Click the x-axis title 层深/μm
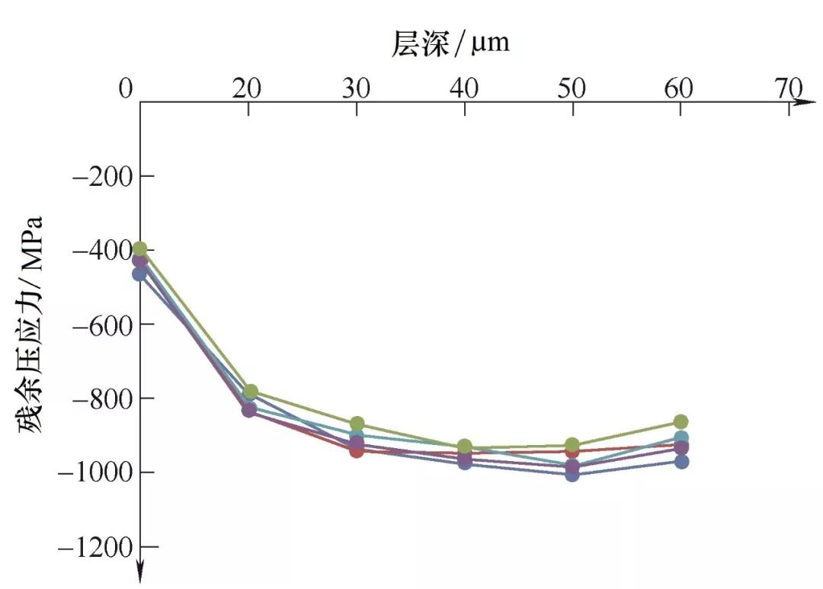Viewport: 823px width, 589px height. click(450, 43)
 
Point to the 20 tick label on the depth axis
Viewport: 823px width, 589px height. click(247, 89)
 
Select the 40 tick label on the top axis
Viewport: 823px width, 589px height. click(464, 89)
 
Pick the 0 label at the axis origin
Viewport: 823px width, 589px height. click(126, 89)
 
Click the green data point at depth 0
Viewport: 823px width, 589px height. click(139, 248)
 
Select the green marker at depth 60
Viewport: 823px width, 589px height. click(680, 422)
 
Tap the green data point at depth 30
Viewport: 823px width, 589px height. click(357, 424)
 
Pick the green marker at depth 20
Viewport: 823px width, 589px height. click(248, 392)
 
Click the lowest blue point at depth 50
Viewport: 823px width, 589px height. click(572, 474)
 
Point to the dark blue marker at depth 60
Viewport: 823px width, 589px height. click(680, 461)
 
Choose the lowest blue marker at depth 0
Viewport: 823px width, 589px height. click(139, 274)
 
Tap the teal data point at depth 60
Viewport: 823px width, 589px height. click(681, 438)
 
